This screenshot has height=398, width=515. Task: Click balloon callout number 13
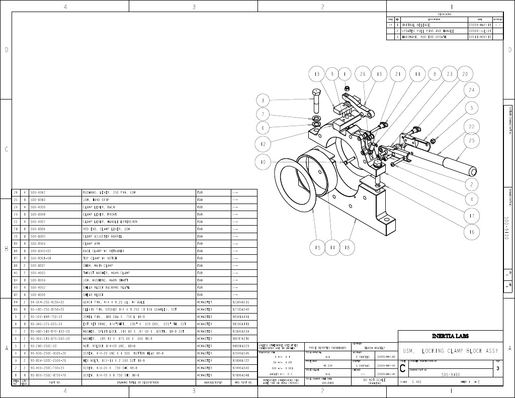pyautogui.click(x=316, y=74)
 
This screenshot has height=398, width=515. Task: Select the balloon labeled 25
pyautogui.click(x=472, y=141)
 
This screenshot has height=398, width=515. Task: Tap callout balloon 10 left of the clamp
pyautogui.click(x=263, y=162)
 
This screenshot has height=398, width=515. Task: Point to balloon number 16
pyautogui.click(x=472, y=232)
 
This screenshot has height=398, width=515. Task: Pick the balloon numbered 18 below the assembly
pyautogui.click(x=347, y=247)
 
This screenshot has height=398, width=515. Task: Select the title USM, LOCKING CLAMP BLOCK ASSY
pyautogui.click(x=450, y=350)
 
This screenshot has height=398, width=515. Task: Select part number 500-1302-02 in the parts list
pyautogui.click(x=41, y=251)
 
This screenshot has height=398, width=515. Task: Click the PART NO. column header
pyautogui.click(x=55, y=382)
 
